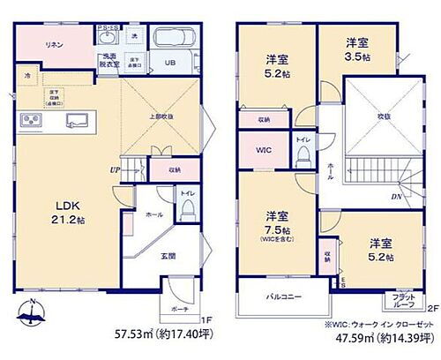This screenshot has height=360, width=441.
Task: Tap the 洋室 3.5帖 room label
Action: pos(355,48)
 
